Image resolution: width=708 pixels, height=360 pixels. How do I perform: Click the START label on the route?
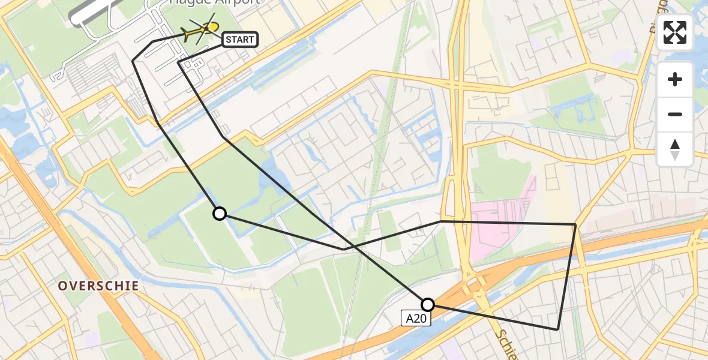coord(240,40)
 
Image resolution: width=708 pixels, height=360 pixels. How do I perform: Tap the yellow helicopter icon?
coord(204,29)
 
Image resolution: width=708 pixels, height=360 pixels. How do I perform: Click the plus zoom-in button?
coord(675,79)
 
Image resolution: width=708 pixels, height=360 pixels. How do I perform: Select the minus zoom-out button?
coord(675,114)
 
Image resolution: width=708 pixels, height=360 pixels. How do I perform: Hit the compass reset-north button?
coord(675,149)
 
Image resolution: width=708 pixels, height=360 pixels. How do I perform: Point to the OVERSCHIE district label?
coord(98,286)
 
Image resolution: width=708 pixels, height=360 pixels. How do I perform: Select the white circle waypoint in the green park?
coord(220,214)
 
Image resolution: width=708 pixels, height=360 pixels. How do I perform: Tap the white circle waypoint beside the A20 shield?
coord(427,304)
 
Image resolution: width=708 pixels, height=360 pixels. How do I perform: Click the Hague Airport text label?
coord(214,2)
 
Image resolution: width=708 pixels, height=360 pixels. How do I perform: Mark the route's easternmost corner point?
coord(575,224)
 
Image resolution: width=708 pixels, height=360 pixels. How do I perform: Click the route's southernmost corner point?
coord(557,329)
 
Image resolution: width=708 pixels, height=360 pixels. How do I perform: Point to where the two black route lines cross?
coord(353,246)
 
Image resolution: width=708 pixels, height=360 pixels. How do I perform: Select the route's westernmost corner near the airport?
coord(133,61)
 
